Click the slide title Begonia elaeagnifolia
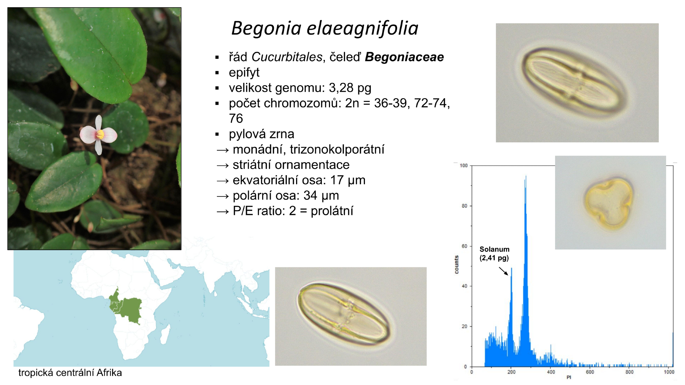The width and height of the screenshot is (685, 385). click(325, 28)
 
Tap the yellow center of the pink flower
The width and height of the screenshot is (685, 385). click(100, 134)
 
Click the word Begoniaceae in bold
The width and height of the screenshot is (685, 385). click(404, 57)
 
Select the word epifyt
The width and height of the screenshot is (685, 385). click(244, 73)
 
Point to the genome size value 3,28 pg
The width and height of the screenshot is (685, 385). click(350, 88)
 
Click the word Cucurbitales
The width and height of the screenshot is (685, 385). click(287, 57)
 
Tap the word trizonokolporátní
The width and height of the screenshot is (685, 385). click(337, 150)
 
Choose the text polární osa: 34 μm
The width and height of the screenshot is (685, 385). click(286, 196)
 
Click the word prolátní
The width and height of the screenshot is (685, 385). click(332, 211)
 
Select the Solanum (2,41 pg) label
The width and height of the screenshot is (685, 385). click(494, 254)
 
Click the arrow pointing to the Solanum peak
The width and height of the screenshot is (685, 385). click(503, 271)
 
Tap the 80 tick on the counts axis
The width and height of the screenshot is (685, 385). click(464, 206)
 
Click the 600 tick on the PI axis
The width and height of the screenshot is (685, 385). click(590, 372)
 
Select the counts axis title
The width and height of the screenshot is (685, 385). click(456, 265)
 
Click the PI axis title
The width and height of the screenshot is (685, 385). click(569, 377)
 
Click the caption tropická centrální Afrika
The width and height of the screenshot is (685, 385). click(70, 373)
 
